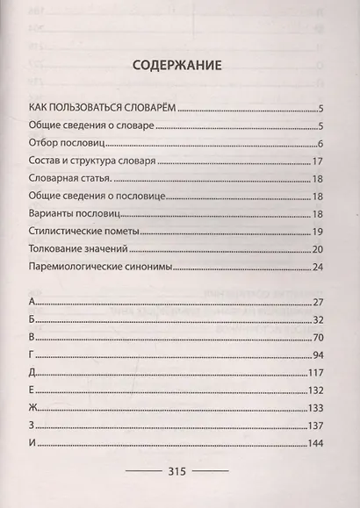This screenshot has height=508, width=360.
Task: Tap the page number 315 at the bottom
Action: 179,471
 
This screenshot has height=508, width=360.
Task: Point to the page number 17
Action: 319,161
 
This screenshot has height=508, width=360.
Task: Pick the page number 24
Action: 319,267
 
